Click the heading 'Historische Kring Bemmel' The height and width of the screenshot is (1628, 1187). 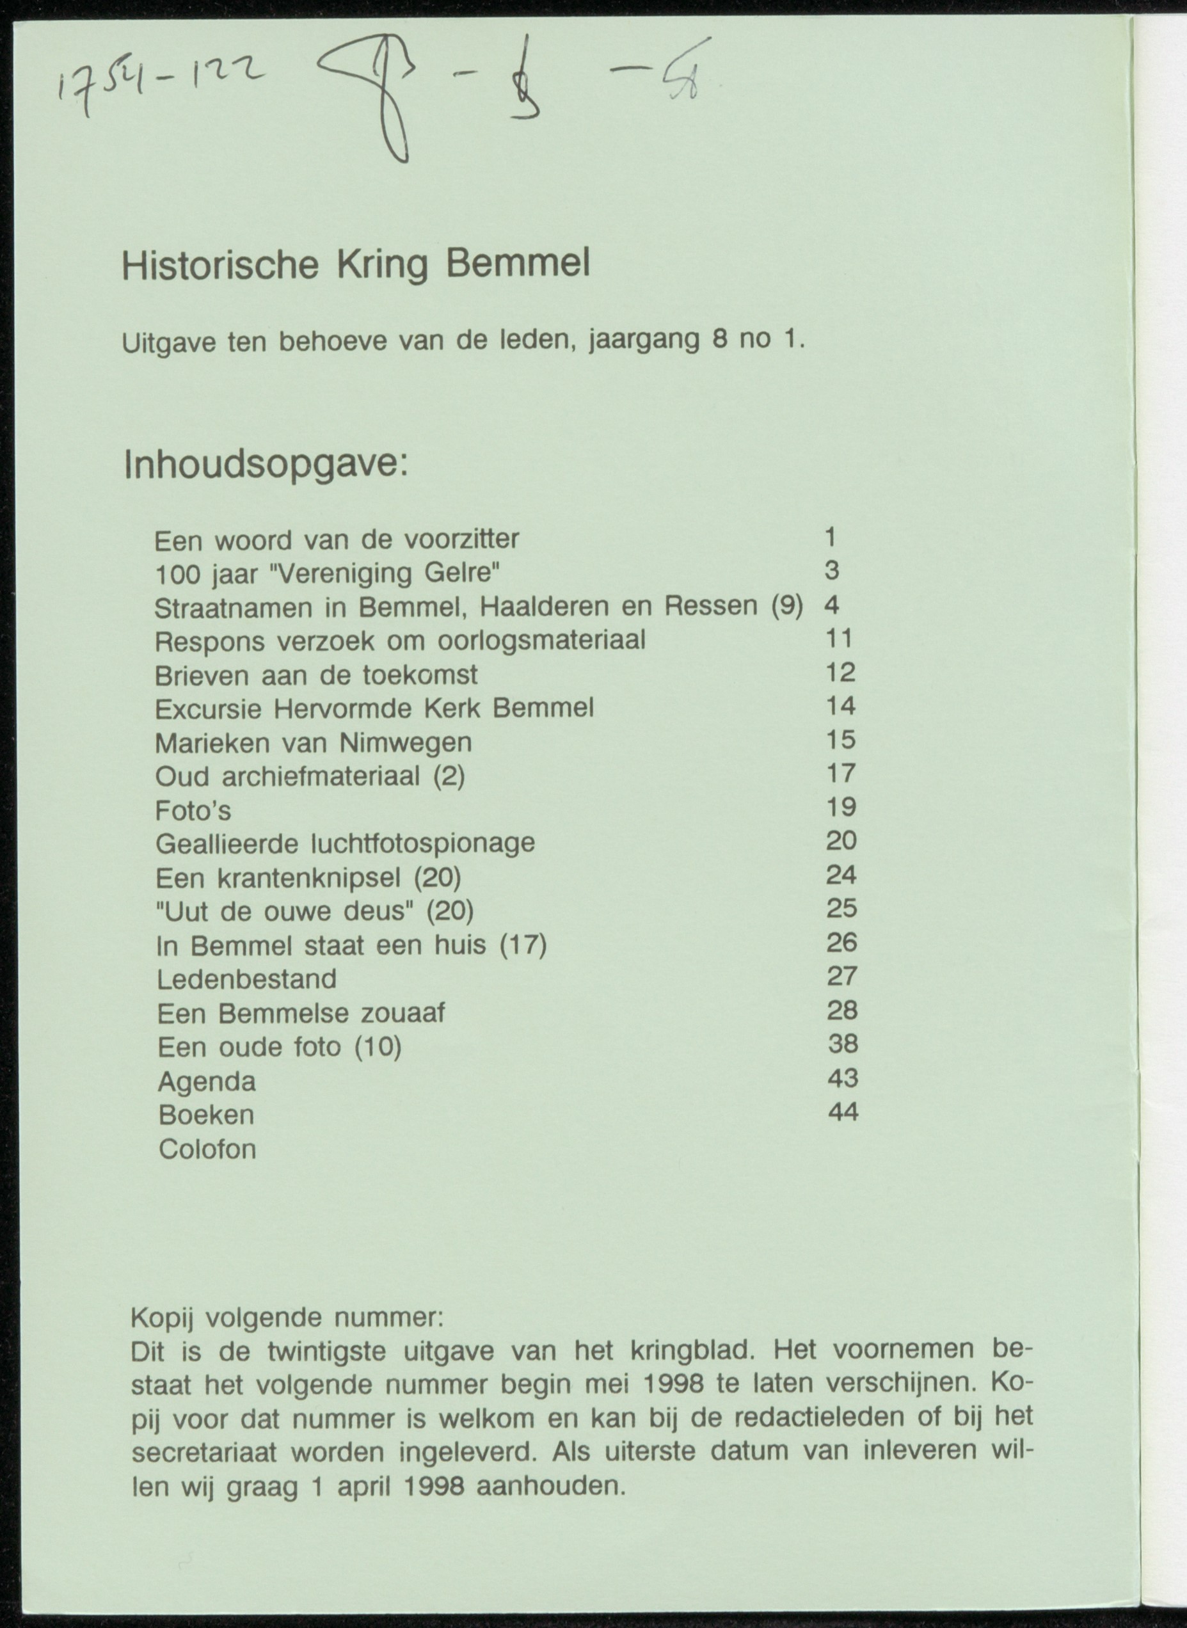coord(355,265)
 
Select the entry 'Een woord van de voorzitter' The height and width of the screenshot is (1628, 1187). coord(337,539)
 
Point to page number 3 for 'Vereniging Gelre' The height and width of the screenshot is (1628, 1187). coord(831,570)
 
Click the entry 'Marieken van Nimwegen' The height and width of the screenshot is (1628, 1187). coord(314,743)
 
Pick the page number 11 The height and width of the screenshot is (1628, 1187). coord(838,638)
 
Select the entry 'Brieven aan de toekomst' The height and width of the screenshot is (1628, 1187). coord(316,675)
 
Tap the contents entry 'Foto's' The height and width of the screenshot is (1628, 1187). coord(193,810)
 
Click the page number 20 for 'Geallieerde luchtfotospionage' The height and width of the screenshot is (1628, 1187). coord(841,841)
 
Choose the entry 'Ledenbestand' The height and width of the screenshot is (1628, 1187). coord(246,979)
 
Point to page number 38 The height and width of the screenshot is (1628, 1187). coord(843,1043)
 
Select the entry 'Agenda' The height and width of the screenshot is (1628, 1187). coord(207,1081)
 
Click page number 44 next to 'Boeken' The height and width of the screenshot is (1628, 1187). coord(843,1112)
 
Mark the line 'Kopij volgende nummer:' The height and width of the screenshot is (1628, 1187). coord(287,1318)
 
